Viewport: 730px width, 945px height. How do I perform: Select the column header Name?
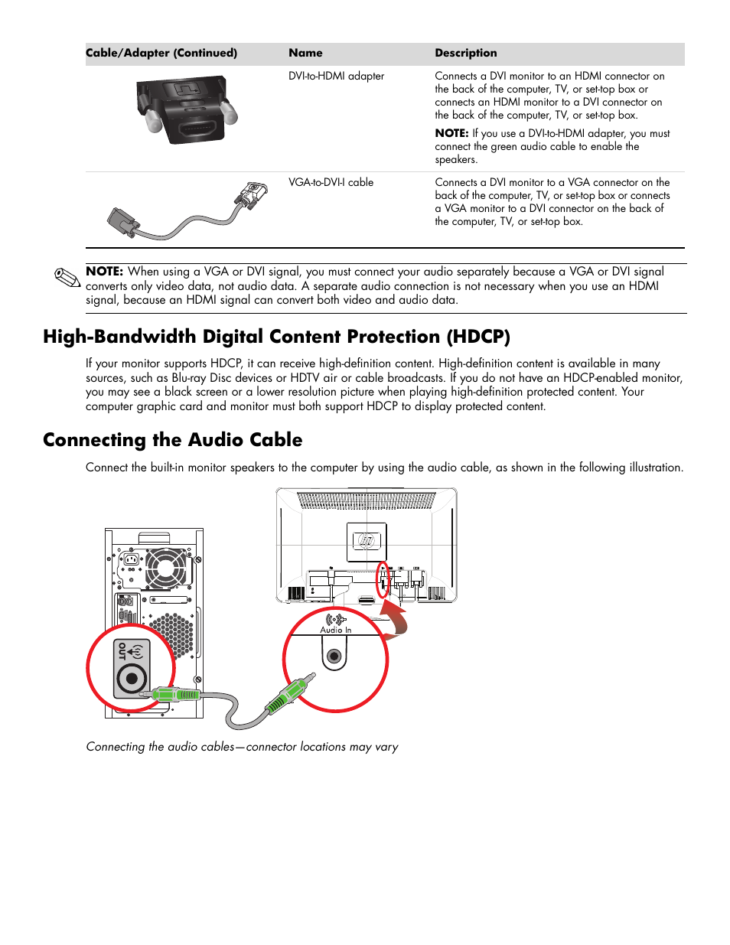click(305, 53)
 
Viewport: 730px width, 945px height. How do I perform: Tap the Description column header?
click(465, 53)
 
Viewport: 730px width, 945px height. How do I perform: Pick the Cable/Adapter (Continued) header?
click(161, 53)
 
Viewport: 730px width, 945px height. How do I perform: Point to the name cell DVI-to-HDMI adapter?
click(336, 76)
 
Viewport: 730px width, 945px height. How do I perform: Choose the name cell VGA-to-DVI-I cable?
click(331, 182)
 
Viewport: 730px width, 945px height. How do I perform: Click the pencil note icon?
click(67, 279)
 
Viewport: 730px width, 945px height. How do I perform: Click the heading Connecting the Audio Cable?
click(172, 440)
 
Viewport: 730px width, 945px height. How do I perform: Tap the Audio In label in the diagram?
click(336, 630)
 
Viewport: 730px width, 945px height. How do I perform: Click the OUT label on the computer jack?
click(122, 651)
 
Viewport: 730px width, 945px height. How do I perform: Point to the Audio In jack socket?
click(334, 657)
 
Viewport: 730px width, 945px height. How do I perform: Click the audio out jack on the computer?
click(132, 678)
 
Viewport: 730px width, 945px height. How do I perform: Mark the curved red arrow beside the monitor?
click(396, 618)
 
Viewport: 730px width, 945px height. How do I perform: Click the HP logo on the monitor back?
click(367, 541)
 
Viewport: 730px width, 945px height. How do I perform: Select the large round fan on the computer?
click(166, 568)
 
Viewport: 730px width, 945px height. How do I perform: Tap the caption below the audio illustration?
click(242, 747)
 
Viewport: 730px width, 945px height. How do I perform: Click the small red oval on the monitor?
click(383, 580)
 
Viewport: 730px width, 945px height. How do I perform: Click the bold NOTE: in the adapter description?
click(451, 133)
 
